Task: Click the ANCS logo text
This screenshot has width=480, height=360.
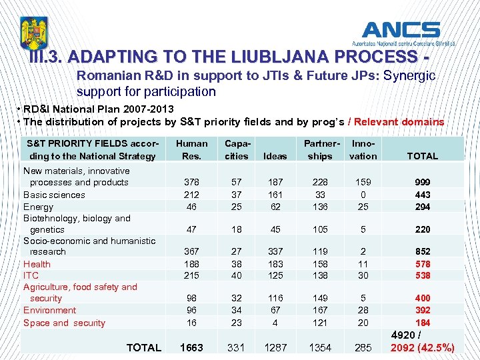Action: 401,30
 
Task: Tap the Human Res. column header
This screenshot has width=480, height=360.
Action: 191,149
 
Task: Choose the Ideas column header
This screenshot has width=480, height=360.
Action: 275,156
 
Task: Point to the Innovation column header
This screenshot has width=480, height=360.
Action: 363,149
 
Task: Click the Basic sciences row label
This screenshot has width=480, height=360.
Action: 54,195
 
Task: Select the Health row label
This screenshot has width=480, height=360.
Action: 37,264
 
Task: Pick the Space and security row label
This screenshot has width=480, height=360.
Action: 64,323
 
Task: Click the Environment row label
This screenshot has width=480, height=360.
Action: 49,310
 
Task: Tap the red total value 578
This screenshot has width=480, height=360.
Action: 422,264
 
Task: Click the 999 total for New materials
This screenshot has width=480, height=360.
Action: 422,182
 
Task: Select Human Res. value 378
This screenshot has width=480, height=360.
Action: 191,182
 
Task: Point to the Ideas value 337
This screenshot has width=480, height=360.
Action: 275,251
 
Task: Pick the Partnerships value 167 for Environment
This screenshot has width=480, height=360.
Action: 320,310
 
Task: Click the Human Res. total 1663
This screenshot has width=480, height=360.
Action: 191,347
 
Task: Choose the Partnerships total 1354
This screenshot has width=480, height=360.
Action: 320,347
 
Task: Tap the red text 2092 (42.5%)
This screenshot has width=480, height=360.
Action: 423,347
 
